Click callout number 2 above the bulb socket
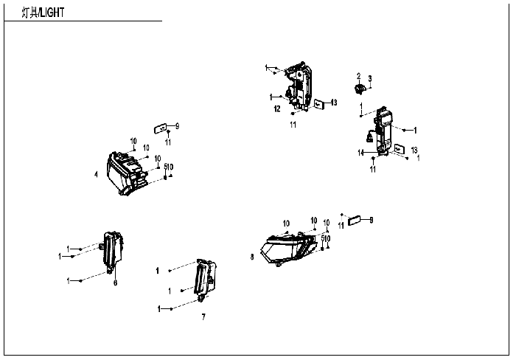pyautogui.click(x=358, y=76)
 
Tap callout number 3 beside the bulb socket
pyautogui.click(x=369, y=78)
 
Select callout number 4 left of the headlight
pyautogui.click(x=96, y=174)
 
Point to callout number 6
pyautogui.click(x=115, y=282)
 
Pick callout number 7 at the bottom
pyautogui.click(x=203, y=316)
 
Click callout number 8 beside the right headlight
pyautogui.click(x=252, y=256)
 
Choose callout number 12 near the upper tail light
pyautogui.click(x=277, y=108)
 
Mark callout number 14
pyautogui.click(x=361, y=153)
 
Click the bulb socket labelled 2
pyautogui.click(x=360, y=89)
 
